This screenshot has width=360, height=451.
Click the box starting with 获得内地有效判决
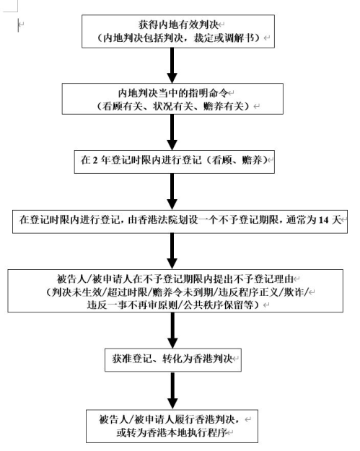[x=178, y=31]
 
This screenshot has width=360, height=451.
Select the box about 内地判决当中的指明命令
[x=172, y=99]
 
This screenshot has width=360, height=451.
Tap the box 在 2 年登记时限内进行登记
[x=175, y=162]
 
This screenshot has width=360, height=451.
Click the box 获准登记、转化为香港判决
[x=173, y=360]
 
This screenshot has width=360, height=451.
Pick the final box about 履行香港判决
[x=172, y=426]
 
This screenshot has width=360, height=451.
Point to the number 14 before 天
[x=323, y=220]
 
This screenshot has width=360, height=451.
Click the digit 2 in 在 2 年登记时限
[x=95, y=160]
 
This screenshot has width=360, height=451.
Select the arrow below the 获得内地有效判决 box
[x=172, y=66]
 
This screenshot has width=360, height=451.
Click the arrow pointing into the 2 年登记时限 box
[x=172, y=132]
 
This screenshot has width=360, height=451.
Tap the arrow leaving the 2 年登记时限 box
[x=172, y=192]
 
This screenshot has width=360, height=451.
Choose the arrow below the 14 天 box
[x=172, y=251]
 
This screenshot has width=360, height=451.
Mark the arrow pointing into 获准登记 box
[x=172, y=330]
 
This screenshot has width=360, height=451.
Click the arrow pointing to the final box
[x=172, y=390]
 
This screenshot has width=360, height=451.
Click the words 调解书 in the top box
[x=240, y=38]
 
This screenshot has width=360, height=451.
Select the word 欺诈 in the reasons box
[x=294, y=292]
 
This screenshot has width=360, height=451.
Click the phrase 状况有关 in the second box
[x=172, y=106]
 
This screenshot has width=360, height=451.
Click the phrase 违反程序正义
[x=249, y=292]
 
